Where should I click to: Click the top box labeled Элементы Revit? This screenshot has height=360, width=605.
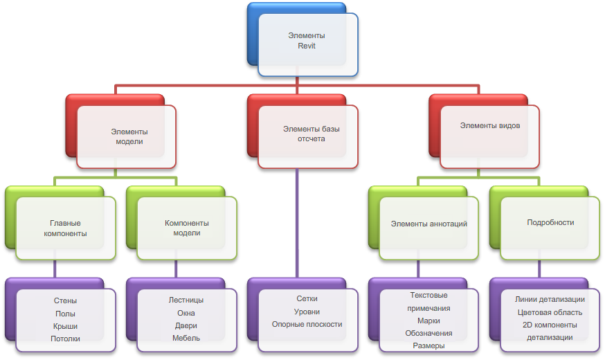(x=307, y=43)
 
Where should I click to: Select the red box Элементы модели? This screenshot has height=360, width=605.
(x=126, y=136)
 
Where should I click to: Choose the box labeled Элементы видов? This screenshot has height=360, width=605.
(x=489, y=127)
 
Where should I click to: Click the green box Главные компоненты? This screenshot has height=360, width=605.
(x=65, y=228)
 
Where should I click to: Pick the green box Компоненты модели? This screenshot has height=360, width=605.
(x=186, y=228)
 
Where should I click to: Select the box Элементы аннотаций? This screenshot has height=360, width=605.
(x=428, y=224)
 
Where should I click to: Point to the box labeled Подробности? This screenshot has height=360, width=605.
(x=550, y=223)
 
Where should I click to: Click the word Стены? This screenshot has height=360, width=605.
(x=65, y=301)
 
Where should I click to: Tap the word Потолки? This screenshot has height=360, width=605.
(x=65, y=339)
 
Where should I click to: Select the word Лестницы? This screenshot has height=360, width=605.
(x=186, y=301)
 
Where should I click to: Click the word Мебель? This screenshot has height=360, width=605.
(x=186, y=339)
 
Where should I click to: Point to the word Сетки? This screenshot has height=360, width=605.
(x=307, y=299)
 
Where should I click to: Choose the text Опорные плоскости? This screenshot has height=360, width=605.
(x=307, y=324)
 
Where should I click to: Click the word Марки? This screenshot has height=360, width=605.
(x=428, y=321)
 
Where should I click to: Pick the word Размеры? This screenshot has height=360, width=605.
(x=428, y=345)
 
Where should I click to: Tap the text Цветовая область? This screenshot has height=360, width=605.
(x=550, y=312)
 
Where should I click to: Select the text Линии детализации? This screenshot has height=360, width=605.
(x=550, y=300)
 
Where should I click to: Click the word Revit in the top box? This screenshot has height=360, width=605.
(x=307, y=47)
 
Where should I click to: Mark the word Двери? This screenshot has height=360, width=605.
(x=186, y=326)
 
